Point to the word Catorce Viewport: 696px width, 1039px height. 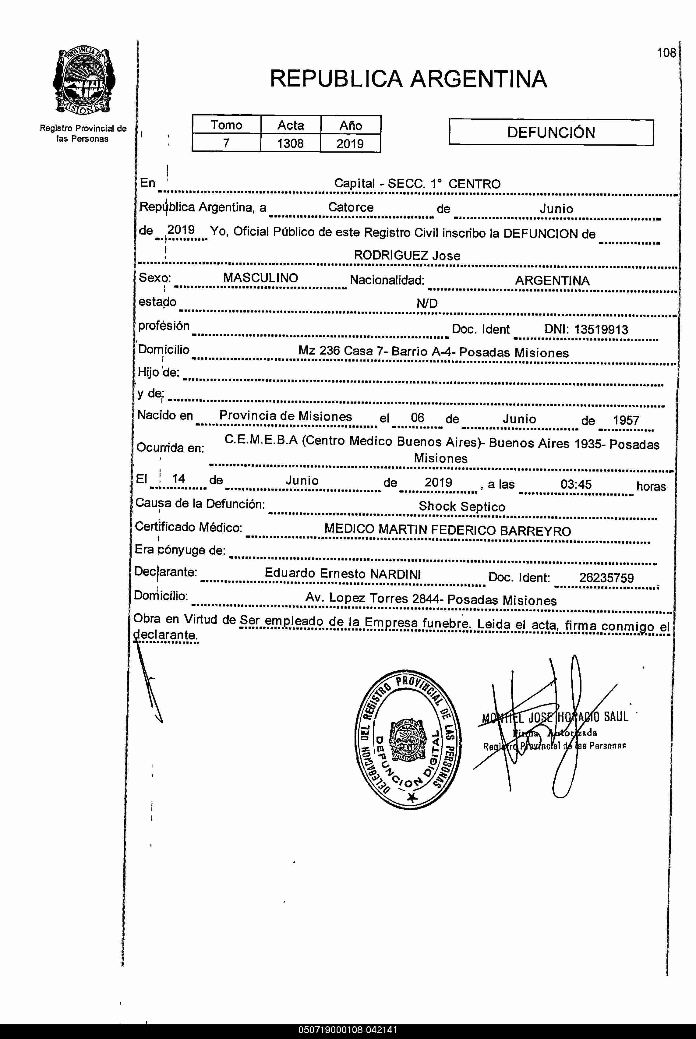(351, 207)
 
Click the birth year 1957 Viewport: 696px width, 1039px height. (626, 420)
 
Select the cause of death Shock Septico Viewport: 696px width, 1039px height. (462, 507)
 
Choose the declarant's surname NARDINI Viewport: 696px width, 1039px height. (395, 574)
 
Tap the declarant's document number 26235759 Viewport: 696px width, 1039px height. (606, 578)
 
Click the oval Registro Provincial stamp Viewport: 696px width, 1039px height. (408, 739)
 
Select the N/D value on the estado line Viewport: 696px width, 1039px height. (426, 304)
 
